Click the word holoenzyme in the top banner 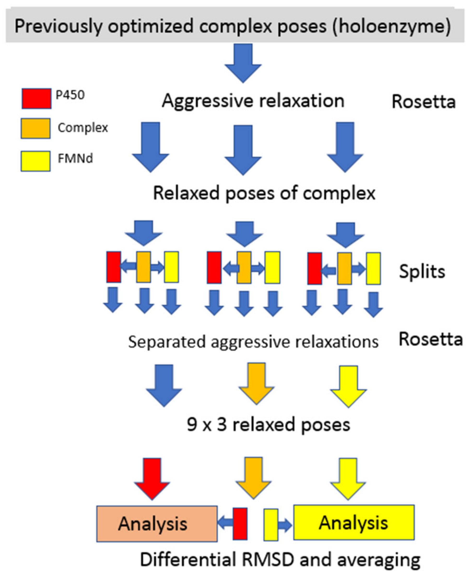[x=392, y=27]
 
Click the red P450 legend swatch [x=36, y=98]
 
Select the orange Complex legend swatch [x=35, y=128]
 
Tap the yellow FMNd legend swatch [x=35, y=161]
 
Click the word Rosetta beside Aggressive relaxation [x=423, y=102]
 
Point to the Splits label [x=422, y=271]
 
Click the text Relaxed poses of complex [x=264, y=193]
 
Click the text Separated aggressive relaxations [x=253, y=342]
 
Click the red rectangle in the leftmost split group [x=113, y=267]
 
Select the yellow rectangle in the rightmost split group [x=373, y=268]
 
